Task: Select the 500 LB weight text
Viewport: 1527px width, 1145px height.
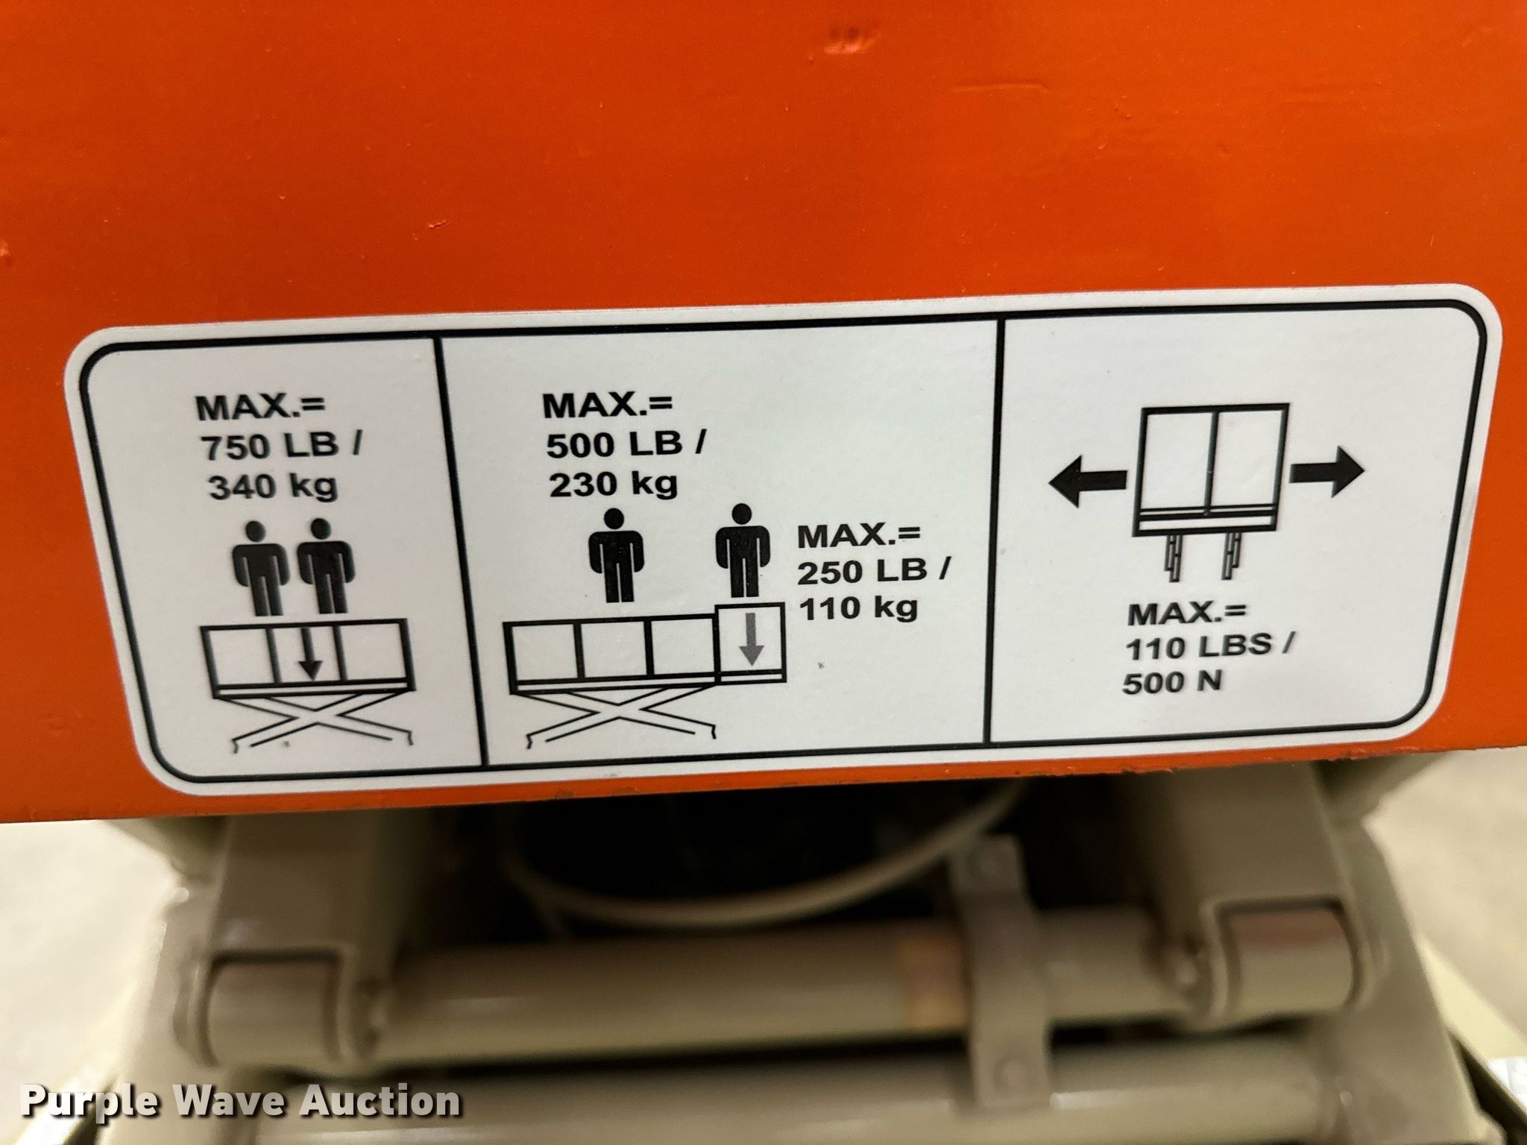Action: tap(615, 446)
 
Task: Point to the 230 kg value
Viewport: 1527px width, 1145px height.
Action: tap(614, 485)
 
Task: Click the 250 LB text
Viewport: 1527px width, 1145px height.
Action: tap(863, 572)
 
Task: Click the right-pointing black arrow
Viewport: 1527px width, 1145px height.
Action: tap(1328, 472)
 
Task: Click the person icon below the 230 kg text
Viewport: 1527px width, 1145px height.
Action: tap(615, 555)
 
